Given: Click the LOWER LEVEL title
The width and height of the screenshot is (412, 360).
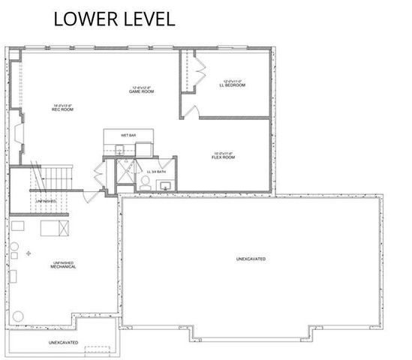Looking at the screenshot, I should [x=114, y=19].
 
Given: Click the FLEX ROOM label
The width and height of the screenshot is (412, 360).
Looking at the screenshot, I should [x=224, y=157].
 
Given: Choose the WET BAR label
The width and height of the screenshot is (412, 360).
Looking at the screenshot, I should [x=128, y=135].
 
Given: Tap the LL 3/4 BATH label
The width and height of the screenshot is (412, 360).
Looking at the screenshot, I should [x=158, y=172].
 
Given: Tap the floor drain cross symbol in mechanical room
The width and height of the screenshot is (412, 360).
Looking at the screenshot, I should [x=29, y=254].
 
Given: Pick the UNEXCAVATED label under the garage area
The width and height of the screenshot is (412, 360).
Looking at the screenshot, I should [x=251, y=259].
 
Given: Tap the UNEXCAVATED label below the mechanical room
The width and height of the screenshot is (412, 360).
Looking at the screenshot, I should [x=64, y=343].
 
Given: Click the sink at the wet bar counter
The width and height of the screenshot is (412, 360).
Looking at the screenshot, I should [x=119, y=150].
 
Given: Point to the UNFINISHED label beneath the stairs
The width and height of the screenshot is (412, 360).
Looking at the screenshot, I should [x=44, y=201].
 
